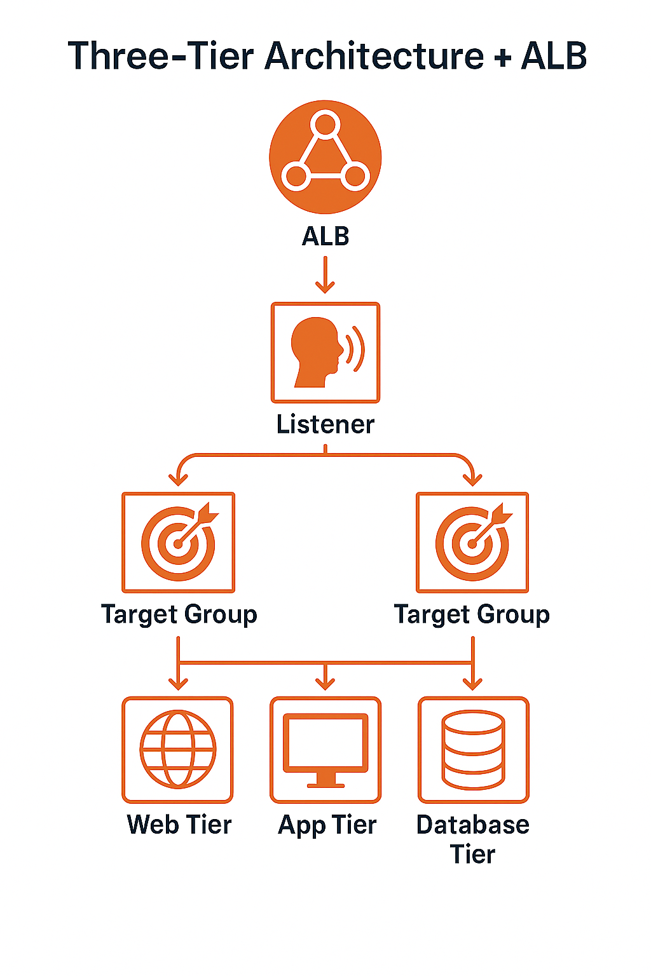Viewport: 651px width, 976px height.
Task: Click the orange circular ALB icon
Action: (325, 157)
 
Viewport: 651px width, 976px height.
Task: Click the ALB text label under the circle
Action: (325, 236)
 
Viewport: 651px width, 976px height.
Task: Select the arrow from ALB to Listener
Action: (325, 274)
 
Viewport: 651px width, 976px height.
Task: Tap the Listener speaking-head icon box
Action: (325, 353)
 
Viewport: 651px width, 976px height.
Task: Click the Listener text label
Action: (325, 424)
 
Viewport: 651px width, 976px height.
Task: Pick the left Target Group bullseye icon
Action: (179, 542)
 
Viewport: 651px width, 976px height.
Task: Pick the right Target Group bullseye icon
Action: (472, 542)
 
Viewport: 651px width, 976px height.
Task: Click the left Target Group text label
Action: (179, 614)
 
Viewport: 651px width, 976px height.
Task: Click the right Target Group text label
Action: (472, 614)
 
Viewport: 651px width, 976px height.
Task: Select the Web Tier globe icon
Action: (178, 749)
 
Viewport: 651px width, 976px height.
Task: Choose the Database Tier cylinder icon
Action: (473, 749)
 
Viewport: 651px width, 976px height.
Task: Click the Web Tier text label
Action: (179, 825)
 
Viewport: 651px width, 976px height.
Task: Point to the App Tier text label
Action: (327, 825)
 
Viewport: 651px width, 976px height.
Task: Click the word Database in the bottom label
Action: (472, 825)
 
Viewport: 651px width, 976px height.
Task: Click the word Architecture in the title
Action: (374, 56)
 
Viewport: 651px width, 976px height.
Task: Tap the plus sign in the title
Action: (502, 57)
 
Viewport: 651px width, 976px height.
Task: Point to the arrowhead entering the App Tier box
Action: (325, 685)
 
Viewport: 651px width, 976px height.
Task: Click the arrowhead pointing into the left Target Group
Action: (179, 480)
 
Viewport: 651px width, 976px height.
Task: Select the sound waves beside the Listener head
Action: (356, 348)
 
